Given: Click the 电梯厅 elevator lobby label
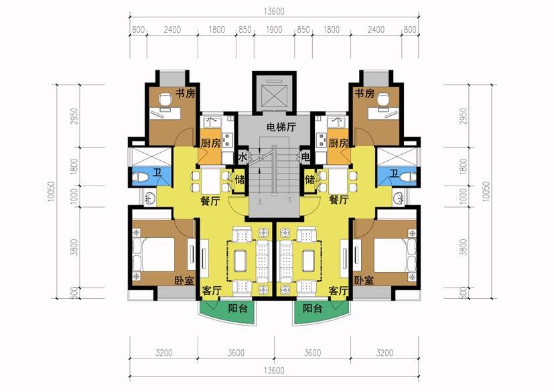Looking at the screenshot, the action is (281, 127).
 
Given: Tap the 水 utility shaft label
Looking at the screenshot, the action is (242, 157).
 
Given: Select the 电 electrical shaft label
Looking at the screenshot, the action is (305, 157).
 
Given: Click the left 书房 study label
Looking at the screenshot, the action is (186, 93).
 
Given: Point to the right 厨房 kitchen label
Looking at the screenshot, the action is (338, 143).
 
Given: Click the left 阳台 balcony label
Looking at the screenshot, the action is (237, 309).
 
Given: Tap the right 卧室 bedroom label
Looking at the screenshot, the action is (364, 280).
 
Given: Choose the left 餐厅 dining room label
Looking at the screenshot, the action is (210, 201).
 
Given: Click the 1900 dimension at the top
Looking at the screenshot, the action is (274, 29).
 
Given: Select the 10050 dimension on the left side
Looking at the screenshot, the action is (50, 192).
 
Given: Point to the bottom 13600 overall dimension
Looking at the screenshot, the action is (274, 371).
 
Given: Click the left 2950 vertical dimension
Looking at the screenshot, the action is (74, 116).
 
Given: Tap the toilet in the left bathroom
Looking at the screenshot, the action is (140, 177).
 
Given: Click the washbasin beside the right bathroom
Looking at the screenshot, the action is (399, 198).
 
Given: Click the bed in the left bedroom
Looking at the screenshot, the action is (153, 255).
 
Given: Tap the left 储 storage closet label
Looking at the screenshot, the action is (240, 180).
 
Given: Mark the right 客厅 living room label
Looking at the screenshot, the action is (338, 291).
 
